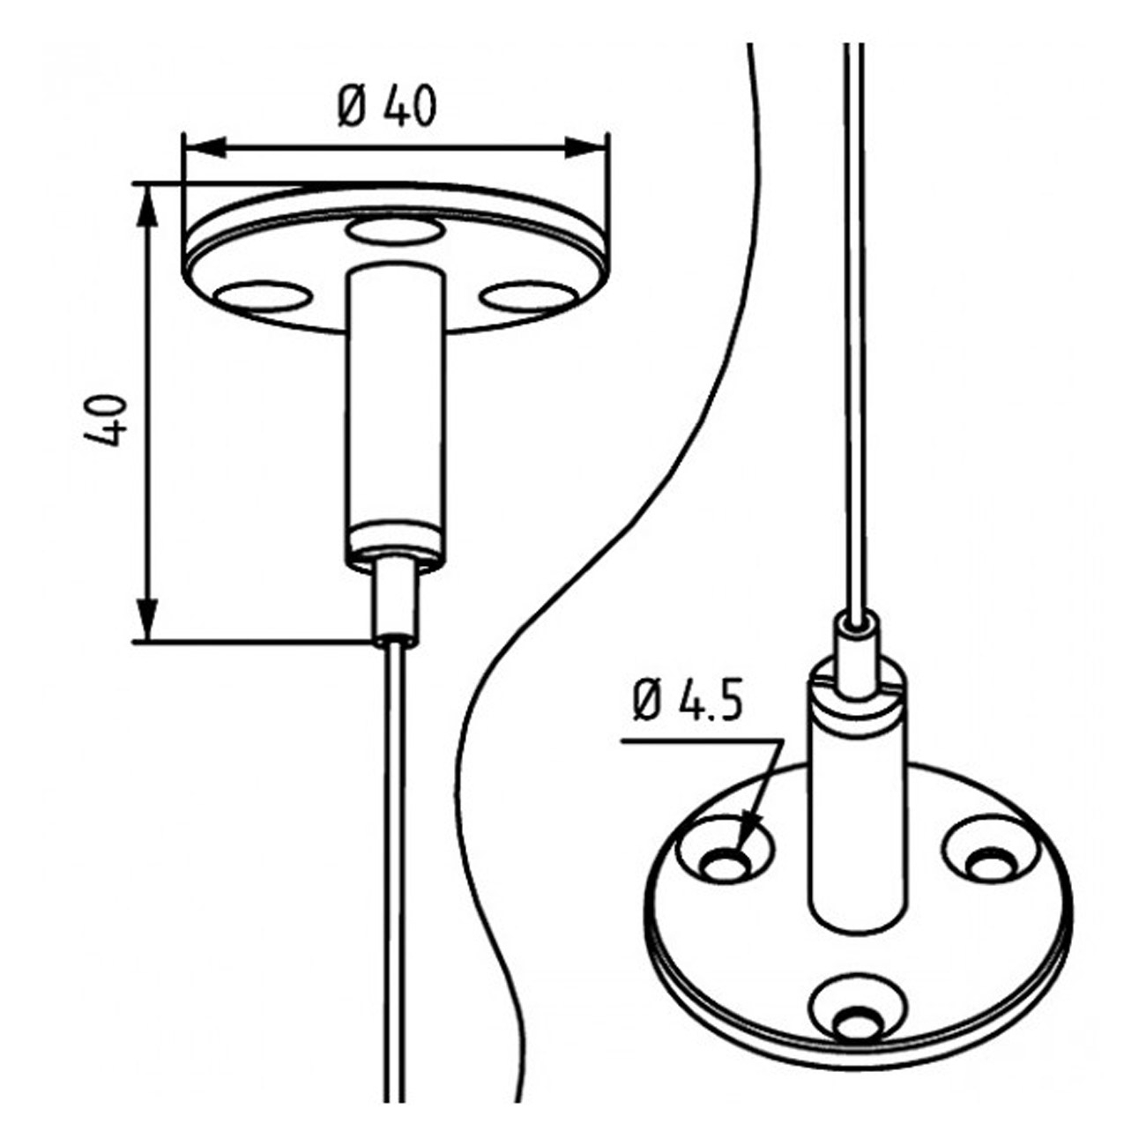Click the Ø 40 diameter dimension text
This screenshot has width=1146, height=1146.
tap(387, 107)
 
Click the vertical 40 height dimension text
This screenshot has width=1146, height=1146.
tap(106, 420)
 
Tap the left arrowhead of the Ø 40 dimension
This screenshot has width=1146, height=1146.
tap(205, 147)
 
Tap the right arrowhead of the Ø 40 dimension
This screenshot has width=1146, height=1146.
tap(585, 147)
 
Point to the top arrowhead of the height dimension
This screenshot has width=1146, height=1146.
tap(147, 205)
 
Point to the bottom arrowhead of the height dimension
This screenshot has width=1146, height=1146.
tap(147, 621)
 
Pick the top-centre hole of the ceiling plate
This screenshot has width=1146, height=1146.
tap(395, 231)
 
